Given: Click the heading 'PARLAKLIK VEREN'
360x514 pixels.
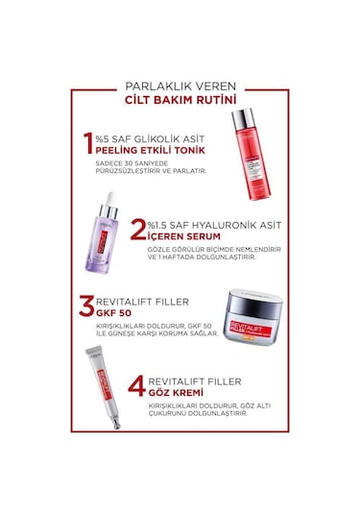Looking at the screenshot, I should pyautogui.click(x=180, y=82).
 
